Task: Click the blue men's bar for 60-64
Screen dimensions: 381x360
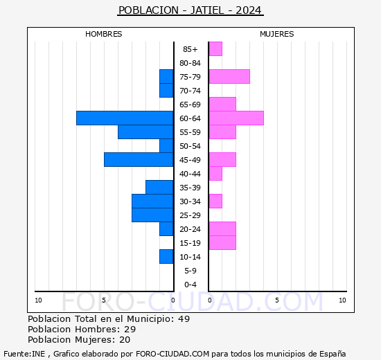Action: pos(125,118)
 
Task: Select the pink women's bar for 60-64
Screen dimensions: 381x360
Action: pos(236,118)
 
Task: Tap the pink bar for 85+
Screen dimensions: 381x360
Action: pos(215,49)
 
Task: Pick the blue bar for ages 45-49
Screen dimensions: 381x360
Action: pos(139,160)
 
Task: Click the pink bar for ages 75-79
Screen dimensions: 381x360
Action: pos(229,77)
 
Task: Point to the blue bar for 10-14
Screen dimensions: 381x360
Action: pos(166,257)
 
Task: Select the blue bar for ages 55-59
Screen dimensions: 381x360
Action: pos(145,132)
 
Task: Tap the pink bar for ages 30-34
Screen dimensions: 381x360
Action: pos(215,201)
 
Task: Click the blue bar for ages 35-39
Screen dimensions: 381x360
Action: pos(159,188)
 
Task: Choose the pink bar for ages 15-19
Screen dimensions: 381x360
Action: pos(222,243)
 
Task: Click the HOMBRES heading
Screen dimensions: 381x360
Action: pos(103,34)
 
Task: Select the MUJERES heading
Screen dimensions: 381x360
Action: pos(277,34)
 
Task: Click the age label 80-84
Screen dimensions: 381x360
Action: pos(190,63)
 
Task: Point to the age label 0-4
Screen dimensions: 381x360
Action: pos(190,285)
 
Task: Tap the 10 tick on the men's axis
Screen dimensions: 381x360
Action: pos(38,300)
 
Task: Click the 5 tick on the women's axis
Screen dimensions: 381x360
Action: pos(277,300)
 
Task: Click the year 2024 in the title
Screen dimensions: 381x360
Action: pos(248,10)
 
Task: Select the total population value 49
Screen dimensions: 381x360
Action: pos(184,318)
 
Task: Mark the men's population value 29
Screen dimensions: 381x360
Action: pos(130,329)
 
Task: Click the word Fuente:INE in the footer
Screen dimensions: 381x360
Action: pos(24,354)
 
